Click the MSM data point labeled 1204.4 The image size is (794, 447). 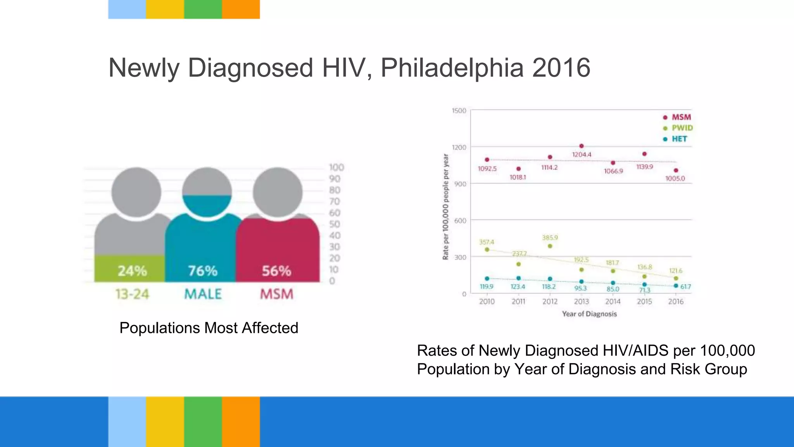click(x=581, y=146)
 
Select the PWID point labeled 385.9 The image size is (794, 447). click(x=550, y=246)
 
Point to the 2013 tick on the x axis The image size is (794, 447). click(x=581, y=301)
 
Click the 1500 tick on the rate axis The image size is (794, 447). click(x=459, y=111)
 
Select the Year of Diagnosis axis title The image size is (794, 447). click(x=589, y=314)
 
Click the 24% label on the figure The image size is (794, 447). click(x=132, y=271)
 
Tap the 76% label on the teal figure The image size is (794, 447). click(x=203, y=271)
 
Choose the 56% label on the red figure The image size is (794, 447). click(x=276, y=271)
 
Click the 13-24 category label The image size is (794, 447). click(x=132, y=294)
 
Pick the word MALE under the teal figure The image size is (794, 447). click(x=203, y=294)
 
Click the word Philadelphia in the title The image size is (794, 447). click(x=452, y=68)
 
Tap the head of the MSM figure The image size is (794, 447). click(x=278, y=192)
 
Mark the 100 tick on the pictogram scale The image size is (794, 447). click(x=336, y=167)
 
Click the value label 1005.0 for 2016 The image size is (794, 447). click(x=675, y=178)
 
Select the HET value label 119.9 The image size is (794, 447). click(x=487, y=287)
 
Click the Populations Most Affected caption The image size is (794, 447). click(x=209, y=328)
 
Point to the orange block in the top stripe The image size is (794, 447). click(x=241, y=9)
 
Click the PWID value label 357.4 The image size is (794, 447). click(x=487, y=242)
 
